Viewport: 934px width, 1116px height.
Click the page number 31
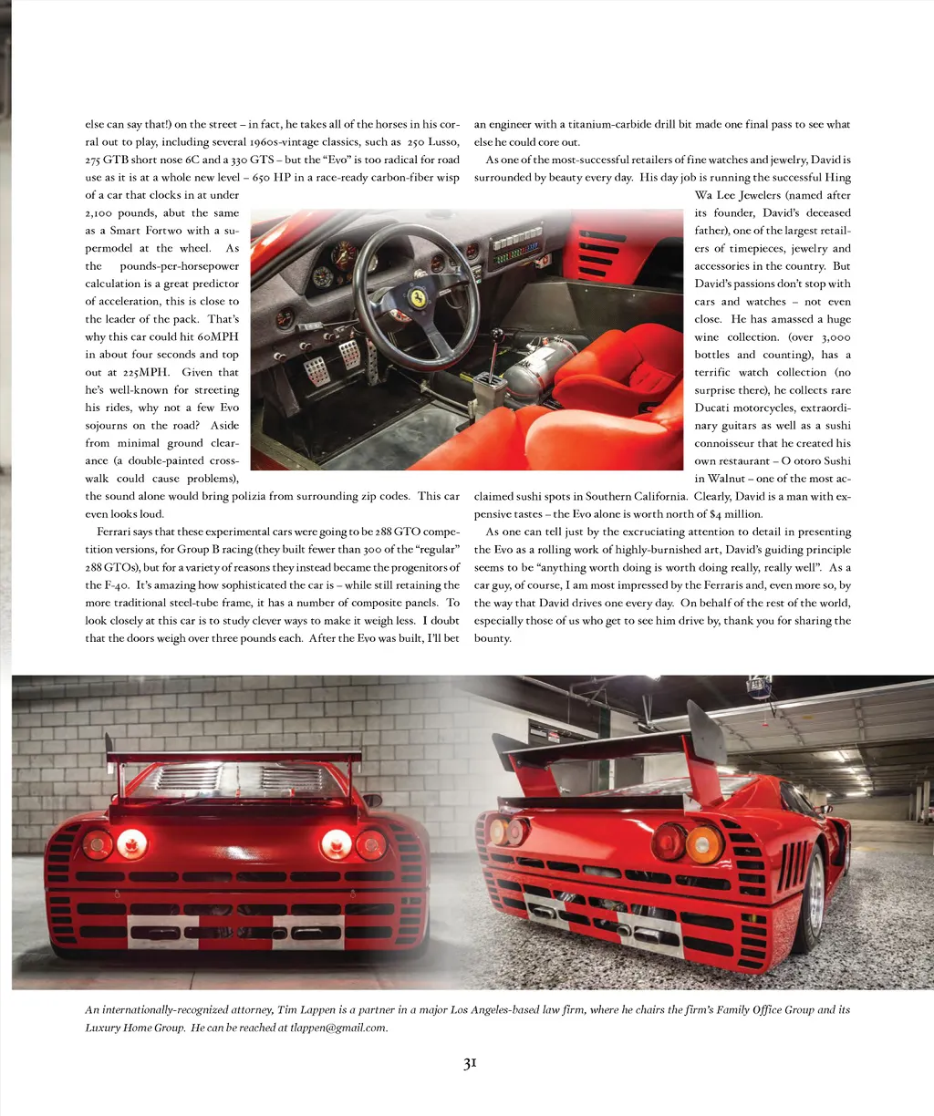coord(470,1063)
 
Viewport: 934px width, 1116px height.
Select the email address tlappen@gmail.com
coord(338,1028)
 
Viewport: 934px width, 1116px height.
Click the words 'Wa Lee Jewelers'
coord(737,195)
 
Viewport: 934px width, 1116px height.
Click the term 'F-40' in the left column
coord(114,585)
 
